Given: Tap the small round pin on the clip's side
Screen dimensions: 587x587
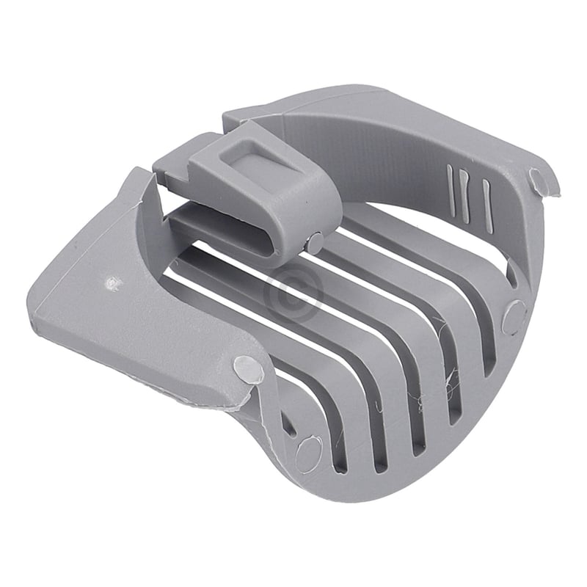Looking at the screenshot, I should (315, 243).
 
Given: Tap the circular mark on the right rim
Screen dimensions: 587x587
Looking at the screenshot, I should (514, 318).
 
